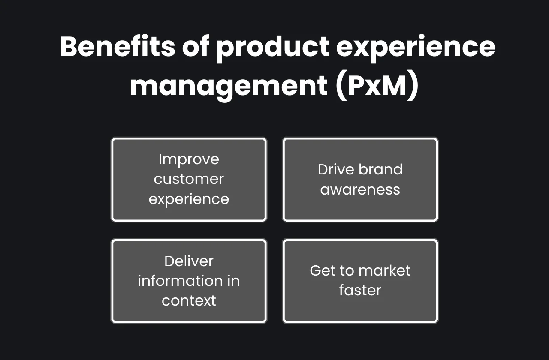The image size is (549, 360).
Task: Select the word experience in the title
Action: tap(416, 47)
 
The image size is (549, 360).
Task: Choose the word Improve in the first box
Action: tap(189, 159)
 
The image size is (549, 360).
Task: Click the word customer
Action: tap(189, 179)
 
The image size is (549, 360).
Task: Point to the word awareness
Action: tap(360, 189)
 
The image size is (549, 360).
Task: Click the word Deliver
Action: tap(189, 261)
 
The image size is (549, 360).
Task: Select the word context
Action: tap(189, 301)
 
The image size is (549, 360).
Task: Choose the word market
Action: tap(385, 270)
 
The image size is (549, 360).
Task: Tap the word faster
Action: tap(360, 291)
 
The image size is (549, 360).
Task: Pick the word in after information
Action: tap(233, 281)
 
